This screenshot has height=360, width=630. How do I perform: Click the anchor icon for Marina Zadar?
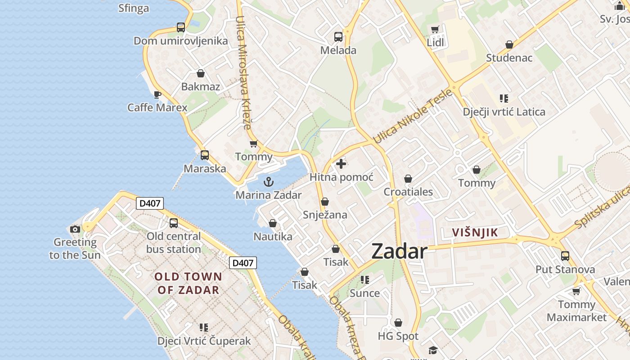coord(269,182)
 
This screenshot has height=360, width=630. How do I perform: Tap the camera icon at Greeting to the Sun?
coord(75,229)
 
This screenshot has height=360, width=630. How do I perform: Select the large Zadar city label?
coord(399,252)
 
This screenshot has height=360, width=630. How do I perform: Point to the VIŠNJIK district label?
coord(475,233)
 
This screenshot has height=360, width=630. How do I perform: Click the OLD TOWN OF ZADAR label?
coord(189,283)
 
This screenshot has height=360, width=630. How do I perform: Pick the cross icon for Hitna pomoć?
coord(341,164)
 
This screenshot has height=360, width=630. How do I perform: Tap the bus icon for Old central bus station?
coord(174,223)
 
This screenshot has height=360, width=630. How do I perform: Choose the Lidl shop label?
coord(435,43)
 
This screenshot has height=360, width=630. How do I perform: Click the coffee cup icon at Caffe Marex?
coord(157,94)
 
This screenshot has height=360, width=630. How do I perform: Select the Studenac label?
coord(509,58)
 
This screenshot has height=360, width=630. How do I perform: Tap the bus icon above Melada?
coord(338,37)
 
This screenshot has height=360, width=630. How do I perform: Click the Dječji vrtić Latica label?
coord(504,112)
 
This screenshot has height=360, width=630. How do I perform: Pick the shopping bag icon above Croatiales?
coord(408,179)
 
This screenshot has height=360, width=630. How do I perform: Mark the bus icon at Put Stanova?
coord(565,256)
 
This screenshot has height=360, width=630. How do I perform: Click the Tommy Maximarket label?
coord(576,311)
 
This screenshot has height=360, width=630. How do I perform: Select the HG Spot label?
coord(398,336)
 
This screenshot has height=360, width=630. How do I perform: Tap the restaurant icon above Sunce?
coord(365,280)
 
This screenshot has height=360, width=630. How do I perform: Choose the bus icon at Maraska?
coord(205,155)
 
